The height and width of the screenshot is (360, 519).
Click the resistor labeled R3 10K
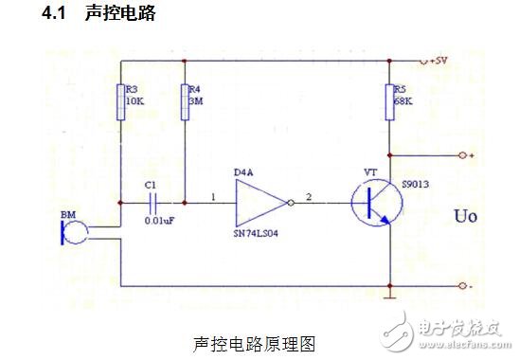(x=121, y=100)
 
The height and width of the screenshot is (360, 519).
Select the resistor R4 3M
(x=185, y=100)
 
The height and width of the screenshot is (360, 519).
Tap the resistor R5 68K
(x=389, y=100)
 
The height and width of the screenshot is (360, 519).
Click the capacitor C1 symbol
(x=152, y=202)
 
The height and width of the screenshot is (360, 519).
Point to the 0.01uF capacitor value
(x=154, y=220)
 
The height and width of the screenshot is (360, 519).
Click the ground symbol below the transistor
(x=389, y=297)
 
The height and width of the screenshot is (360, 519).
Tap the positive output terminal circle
(x=460, y=154)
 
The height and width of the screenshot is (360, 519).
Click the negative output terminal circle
(x=460, y=285)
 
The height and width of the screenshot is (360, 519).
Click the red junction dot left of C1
(x=121, y=202)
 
